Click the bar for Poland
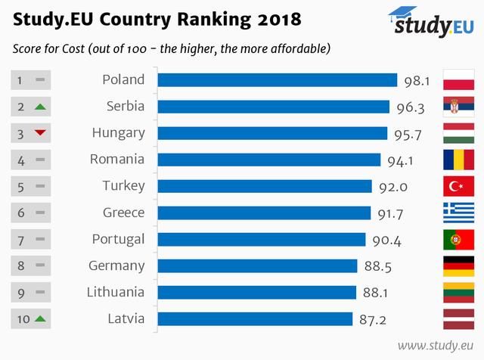point(277,79)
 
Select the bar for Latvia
point(255,319)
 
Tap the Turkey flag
point(458,186)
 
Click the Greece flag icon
point(458,213)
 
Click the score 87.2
point(372,320)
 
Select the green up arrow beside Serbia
point(40,107)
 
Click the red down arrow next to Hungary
point(40,133)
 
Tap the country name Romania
point(116,160)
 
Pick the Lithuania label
point(115,293)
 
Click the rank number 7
point(21,240)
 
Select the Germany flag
point(458,266)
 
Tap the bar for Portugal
point(262,240)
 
